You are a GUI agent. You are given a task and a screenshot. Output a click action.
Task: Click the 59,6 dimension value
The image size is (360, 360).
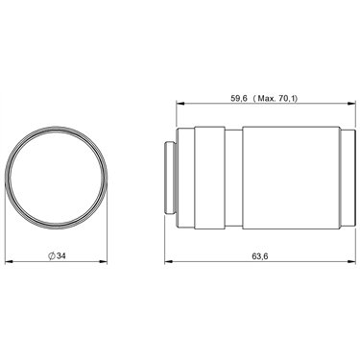coord(239,98)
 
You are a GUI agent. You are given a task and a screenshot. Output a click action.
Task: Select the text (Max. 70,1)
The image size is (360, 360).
coord(276,98)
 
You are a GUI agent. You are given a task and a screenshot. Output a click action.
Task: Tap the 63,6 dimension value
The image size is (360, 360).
coord(260,256)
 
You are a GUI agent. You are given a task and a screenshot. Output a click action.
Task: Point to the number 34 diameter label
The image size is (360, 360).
coord(61,256)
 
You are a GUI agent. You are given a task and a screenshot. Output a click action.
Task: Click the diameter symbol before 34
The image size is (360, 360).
coord(52,256)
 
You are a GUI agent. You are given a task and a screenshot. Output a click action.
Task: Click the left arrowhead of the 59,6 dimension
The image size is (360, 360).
coord(180,104)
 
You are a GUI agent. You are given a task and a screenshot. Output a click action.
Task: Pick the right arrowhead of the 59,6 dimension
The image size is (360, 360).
coord(351,104)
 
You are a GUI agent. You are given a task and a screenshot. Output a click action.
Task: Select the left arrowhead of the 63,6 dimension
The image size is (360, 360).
coord(169,262)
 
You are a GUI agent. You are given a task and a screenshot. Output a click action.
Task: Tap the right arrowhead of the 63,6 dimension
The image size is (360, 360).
coord(351,262)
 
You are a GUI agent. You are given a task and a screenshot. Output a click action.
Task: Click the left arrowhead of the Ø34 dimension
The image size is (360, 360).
coord(10,262)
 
